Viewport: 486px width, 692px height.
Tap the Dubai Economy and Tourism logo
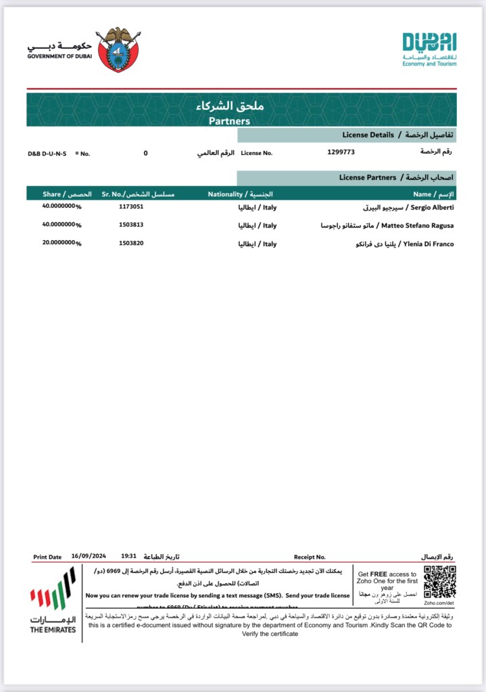point(429,49)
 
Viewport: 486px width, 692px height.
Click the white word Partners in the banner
point(229,121)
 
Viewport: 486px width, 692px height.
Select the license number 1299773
point(341,152)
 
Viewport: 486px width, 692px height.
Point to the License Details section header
point(368,135)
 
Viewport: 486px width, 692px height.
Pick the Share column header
point(52,194)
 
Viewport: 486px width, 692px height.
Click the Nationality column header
point(225,194)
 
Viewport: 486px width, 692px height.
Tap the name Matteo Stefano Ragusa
point(418,225)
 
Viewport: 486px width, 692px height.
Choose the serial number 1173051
point(131,206)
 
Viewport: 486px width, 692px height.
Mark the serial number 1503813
point(131,225)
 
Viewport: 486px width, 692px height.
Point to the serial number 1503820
point(131,243)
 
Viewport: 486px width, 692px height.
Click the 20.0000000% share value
point(61,243)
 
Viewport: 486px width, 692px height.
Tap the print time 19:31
point(129,557)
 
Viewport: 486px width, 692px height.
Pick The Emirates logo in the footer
point(53,599)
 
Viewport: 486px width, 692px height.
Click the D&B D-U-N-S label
point(47,154)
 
